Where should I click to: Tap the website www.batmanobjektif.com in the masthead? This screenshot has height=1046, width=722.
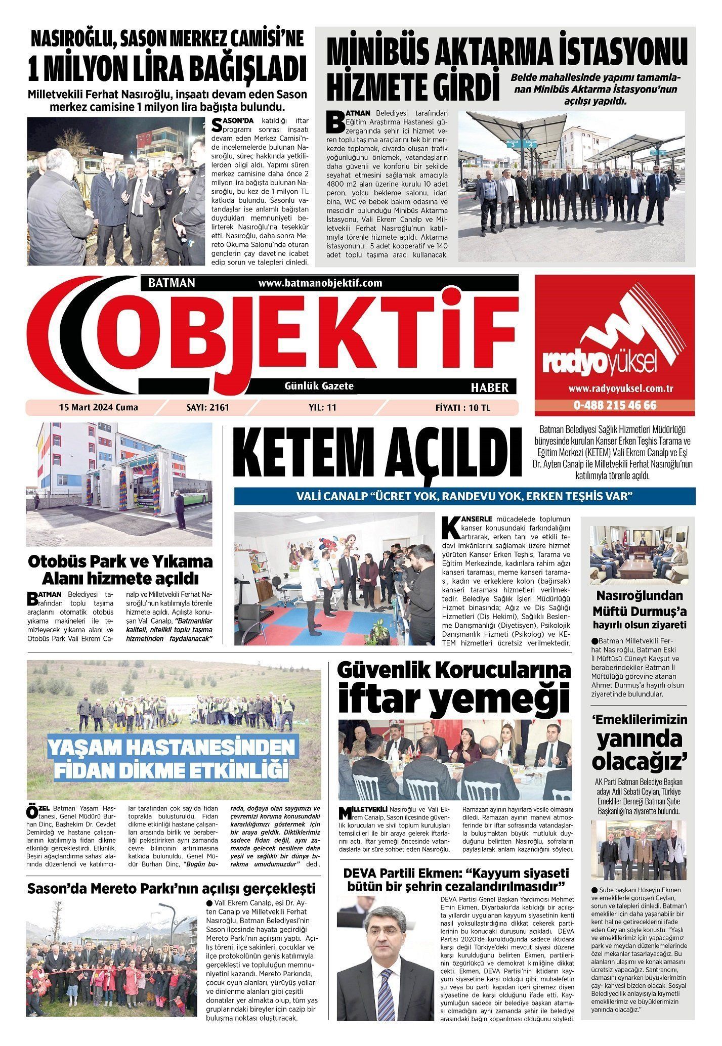pos(320,283)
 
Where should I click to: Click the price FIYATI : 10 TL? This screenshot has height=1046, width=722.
pos(462,407)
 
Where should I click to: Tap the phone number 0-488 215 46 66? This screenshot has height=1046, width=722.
pos(615,406)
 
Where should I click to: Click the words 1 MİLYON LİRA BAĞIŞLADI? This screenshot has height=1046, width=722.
pos(167,70)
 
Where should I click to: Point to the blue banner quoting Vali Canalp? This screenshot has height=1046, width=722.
pos(464,496)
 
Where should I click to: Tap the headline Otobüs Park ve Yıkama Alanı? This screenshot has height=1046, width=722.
pos(120,570)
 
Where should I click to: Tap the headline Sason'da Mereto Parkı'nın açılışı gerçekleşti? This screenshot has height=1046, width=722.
pos(172,889)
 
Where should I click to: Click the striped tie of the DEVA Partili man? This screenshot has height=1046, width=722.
pos(386,980)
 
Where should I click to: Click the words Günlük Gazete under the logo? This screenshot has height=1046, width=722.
pos(320,386)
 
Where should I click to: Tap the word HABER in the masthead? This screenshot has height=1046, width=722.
pos(489,387)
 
